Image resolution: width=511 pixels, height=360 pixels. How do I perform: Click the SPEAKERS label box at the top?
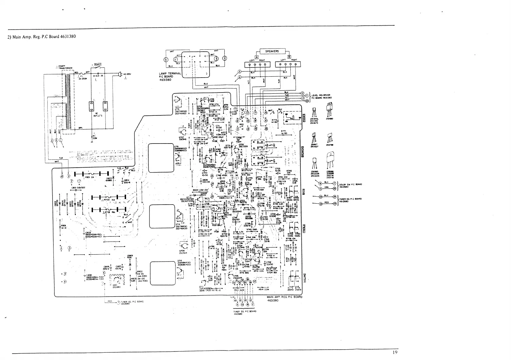(x=272, y=51)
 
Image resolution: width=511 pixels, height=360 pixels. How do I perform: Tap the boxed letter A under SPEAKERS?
(x=257, y=57)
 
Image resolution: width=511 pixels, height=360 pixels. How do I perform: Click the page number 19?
(x=395, y=352)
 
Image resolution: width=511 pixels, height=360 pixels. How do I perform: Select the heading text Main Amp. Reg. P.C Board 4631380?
(x=41, y=37)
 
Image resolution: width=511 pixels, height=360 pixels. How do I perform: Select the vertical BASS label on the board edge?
(x=304, y=192)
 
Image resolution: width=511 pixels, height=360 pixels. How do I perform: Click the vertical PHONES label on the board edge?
(x=304, y=117)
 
